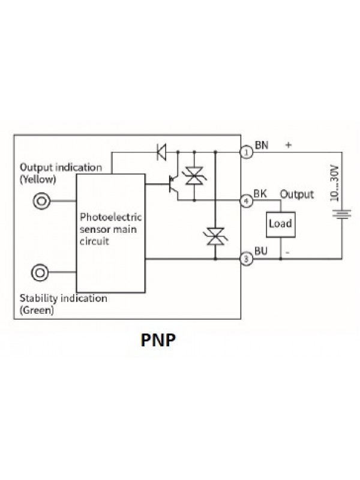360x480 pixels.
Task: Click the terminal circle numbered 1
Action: pos(245,152)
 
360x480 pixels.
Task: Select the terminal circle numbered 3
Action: pos(245,259)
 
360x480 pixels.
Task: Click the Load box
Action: pos(280,224)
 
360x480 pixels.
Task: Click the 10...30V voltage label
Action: pos(337,182)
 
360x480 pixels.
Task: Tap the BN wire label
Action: pos(262,145)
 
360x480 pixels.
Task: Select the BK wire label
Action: pos(261,194)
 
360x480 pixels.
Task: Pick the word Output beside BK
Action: pos(297,194)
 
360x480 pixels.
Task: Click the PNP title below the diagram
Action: pos(158,340)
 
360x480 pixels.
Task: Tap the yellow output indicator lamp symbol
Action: pos(41,200)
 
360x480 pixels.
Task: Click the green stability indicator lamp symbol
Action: pos(41,273)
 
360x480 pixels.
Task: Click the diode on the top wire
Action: pos(161,152)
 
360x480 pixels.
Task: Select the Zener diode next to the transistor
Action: pos(194,176)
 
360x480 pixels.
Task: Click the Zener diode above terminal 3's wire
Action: pos(215,236)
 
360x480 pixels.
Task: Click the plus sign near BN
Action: pos(289,145)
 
